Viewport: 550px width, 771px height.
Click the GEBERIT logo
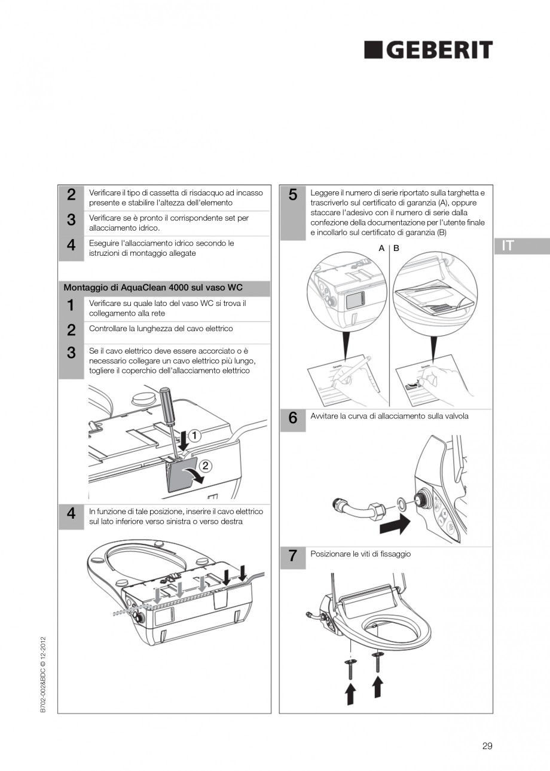tap(428, 50)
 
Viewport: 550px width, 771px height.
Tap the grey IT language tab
tap(521, 246)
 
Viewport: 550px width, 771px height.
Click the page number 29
tap(487, 745)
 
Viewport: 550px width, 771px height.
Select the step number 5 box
tap(293, 213)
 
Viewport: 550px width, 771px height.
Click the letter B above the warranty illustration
tap(396, 248)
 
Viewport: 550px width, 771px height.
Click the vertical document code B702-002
tap(44, 677)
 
